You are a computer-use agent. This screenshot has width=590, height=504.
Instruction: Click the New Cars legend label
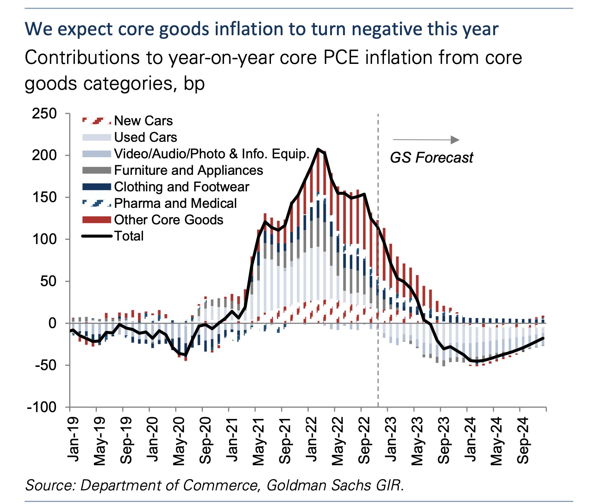[x=143, y=121]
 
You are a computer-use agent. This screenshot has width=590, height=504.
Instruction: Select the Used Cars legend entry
[x=145, y=137]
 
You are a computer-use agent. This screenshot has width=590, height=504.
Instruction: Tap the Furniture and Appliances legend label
[x=188, y=170]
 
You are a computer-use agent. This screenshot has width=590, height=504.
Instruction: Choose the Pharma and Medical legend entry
[x=175, y=204]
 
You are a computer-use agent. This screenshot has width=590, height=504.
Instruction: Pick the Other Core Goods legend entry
[x=168, y=220]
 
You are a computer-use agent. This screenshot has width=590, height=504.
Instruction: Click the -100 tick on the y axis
[x=42, y=407]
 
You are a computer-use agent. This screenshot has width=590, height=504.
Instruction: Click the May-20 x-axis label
[x=179, y=440]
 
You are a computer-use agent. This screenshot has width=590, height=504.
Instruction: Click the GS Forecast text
[x=431, y=158]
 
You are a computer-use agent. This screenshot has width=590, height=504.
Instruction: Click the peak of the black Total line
[x=318, y=149]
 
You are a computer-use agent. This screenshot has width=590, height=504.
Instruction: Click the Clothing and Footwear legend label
[x=181, y=187]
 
